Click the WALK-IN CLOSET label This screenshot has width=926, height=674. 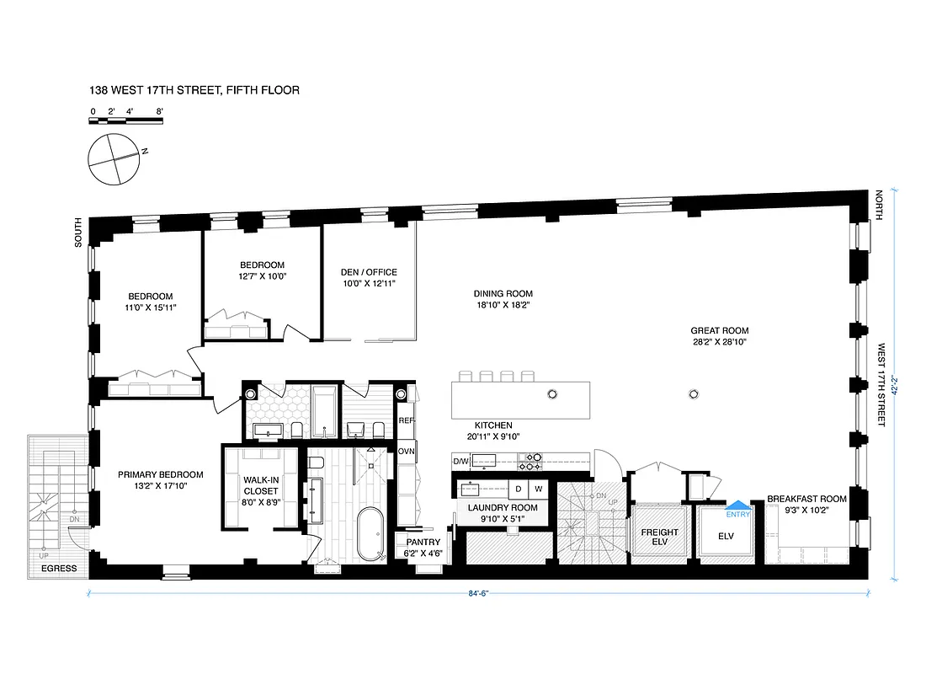point(260,485)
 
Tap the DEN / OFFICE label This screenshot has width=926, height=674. point(369,278)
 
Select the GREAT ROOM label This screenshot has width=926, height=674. point(719,337)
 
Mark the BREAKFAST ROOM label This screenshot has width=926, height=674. point(806,505)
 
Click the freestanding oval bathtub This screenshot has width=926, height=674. point(370,535)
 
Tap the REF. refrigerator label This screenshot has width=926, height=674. point(407,420)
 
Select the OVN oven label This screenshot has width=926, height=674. point(407,451)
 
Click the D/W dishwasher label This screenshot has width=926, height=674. point(460,462)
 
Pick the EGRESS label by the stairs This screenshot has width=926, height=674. point(58,569)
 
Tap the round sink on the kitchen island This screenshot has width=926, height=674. point(553,393)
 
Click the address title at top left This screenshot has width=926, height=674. point(194,89)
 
